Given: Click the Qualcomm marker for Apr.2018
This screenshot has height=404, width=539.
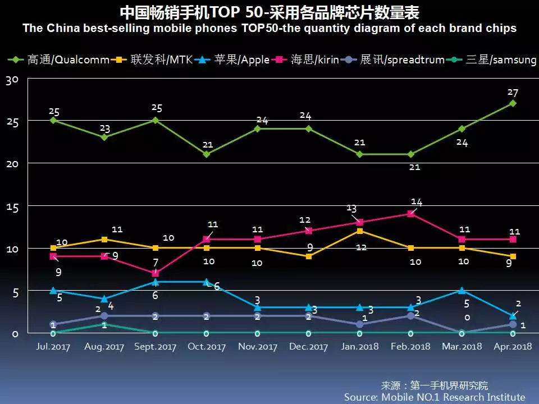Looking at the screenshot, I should (x=513, y=103).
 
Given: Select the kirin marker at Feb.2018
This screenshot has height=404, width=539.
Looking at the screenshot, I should (x=410, y=214).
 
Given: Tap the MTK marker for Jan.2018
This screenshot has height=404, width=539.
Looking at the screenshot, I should (x=359, y=231).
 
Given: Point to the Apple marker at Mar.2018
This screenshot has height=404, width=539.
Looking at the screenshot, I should (x=462, y=291).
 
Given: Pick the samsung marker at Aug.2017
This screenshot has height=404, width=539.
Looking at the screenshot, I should (x=104, y=324).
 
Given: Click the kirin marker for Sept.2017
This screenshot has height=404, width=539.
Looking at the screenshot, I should (x=155, y=273).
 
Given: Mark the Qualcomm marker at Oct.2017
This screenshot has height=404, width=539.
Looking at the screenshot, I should (x=206, y=154).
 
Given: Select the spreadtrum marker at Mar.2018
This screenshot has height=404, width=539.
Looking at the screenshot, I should (x=462, y=333).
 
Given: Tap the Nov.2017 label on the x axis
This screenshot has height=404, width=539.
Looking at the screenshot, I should (x=258, y=346).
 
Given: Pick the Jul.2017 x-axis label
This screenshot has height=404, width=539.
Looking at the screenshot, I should (x=53, y=346).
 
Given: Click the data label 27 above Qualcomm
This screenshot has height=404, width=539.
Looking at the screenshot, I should (x=512, y=93).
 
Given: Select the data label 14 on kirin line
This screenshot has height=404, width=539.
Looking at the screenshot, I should (x=416, y=202).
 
